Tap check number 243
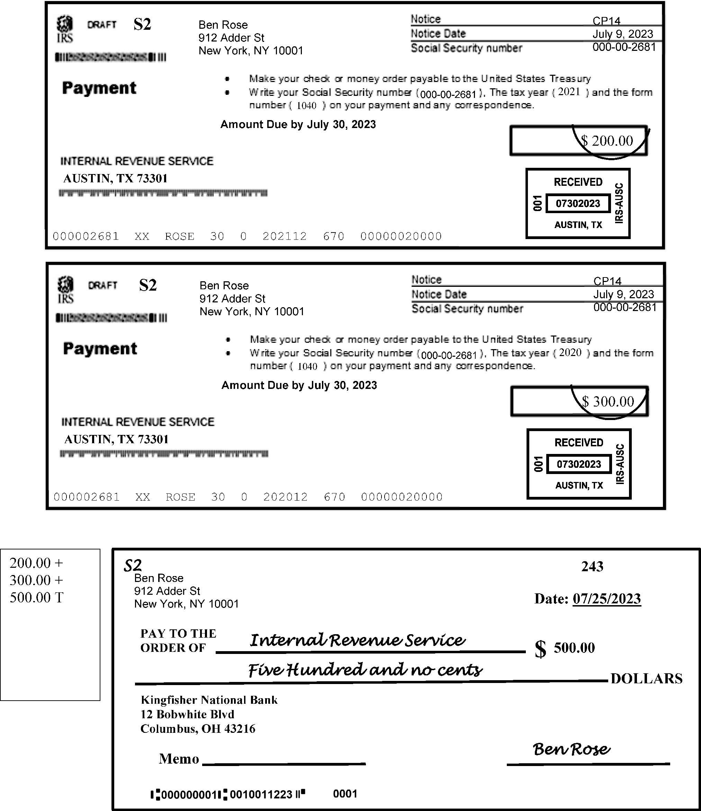[x=592, y=566]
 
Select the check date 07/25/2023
[x=606, y=599]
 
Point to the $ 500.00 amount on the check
[x=574, y=648]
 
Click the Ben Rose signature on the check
[x=572, y=749]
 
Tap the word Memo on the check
[x=179, y=758]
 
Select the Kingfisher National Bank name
[x=209, y=700]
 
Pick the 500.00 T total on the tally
[x=36, y=597]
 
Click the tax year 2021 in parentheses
[x=569, y=92]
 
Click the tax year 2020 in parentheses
[x=570, y=352]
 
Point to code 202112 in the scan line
[x=285, y=236]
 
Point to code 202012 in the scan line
[x=286, y=497]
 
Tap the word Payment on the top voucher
[x=99, y=88]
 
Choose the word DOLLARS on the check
[x=646, y=678]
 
